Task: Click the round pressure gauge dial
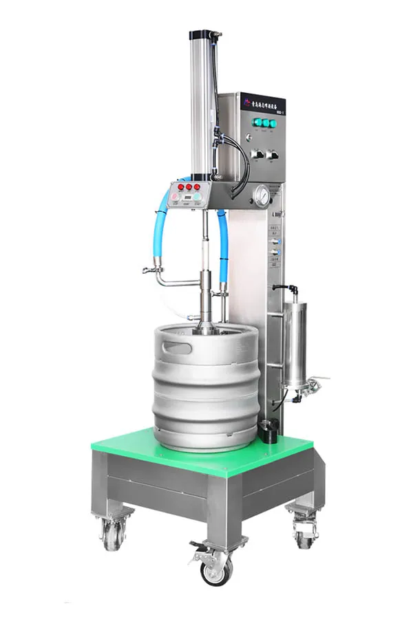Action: pyautogui.click(x=262, y=196)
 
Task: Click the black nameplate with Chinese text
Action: pyautogui.click(x=262, y=103)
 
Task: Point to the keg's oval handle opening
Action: pyautogui.click(x=178, y=348)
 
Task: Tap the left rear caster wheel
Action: pyautogui.click(x=112, y=531)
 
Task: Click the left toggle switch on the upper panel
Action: pyautogui.click(x=257, y=154)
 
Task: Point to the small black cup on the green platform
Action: pyautogui.click(x=268, y=433)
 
